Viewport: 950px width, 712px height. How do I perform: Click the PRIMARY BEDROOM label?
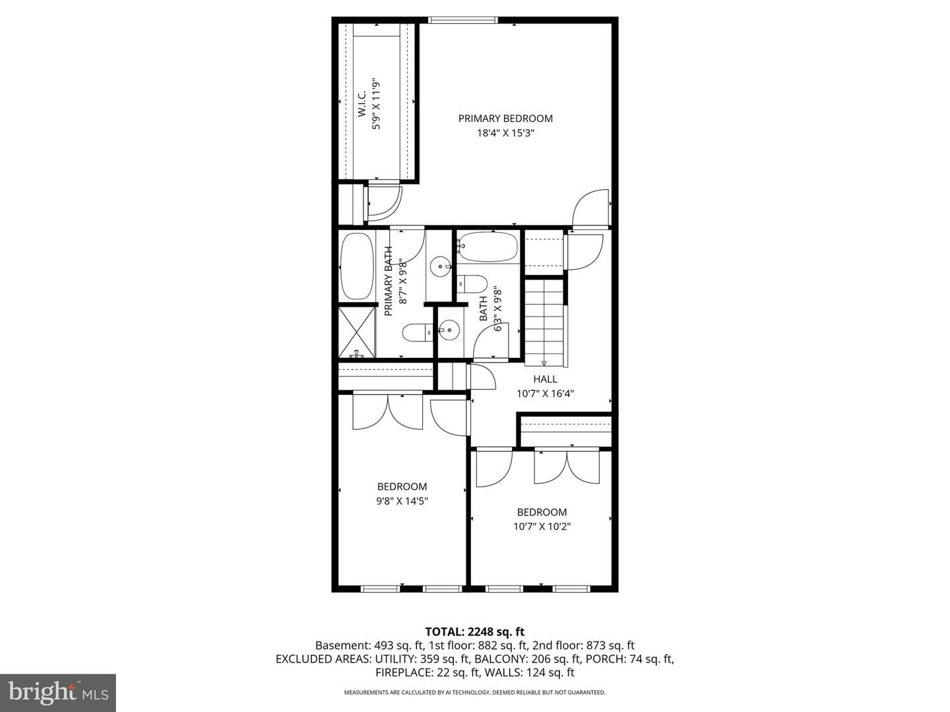pyautogui.click(x=505, y=119)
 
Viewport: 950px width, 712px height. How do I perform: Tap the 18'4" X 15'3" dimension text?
pyautogui.click(x=505, y=133)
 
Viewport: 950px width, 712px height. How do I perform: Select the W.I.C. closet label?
pyautogui.click(x=362, y=104)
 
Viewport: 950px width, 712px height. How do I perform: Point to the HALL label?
pyautogui.click(x=545, y=379)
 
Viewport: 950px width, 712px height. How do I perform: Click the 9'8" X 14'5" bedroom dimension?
pyautogui.click(x=402, y=501)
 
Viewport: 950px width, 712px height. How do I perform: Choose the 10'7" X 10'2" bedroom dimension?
pyautogui.click(x=542, y=527)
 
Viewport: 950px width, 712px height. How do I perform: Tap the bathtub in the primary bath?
pyautogui.click(x=357, y=266)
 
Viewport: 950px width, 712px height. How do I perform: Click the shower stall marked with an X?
pyautogui.click(x=357, y=332)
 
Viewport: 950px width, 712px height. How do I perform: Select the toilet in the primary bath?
pyautogui.click(x=418, y=332)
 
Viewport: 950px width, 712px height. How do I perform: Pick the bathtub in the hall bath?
pyautogui.click(x=488, y=247)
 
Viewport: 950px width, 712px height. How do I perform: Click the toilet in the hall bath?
pyautogui.click(x=472, y=284)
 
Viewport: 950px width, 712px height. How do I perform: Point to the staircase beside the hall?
pyautogui.click(x=544, y=323)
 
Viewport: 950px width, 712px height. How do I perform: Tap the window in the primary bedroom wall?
pyautogui.click(x=463, y=20)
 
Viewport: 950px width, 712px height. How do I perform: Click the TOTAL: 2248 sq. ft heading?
pyautogui.click(x=475, y=632)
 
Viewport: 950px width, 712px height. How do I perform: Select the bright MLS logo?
pyautogui.click(x=58, y=692)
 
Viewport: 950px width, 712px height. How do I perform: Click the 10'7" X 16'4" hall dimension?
pyautogui.click(x=545, y=394)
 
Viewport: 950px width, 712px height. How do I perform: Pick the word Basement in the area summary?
pyautogui.click(x=343, y=645)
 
